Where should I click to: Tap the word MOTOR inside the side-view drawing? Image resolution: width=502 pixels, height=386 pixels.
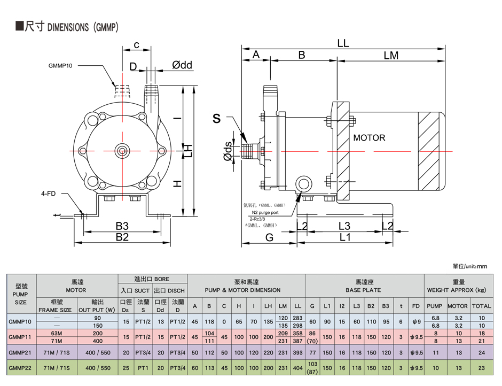369,138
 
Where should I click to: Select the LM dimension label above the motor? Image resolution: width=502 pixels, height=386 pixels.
391,56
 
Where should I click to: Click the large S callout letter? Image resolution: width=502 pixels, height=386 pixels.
216,119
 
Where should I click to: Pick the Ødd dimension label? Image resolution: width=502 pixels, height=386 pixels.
182,65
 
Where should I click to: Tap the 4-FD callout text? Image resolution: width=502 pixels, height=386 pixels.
49,194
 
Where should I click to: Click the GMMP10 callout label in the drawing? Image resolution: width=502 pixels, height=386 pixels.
60,65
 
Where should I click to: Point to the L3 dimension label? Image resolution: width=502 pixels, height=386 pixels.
344,226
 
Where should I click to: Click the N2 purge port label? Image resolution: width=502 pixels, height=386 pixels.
263,212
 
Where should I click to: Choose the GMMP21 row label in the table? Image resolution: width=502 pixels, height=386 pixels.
20,353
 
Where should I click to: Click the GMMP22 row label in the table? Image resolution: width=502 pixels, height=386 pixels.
20,368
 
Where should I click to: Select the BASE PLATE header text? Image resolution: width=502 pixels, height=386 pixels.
364,290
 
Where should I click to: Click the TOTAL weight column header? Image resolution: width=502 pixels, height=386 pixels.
481,306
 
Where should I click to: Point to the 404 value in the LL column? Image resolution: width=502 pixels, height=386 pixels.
298,368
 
